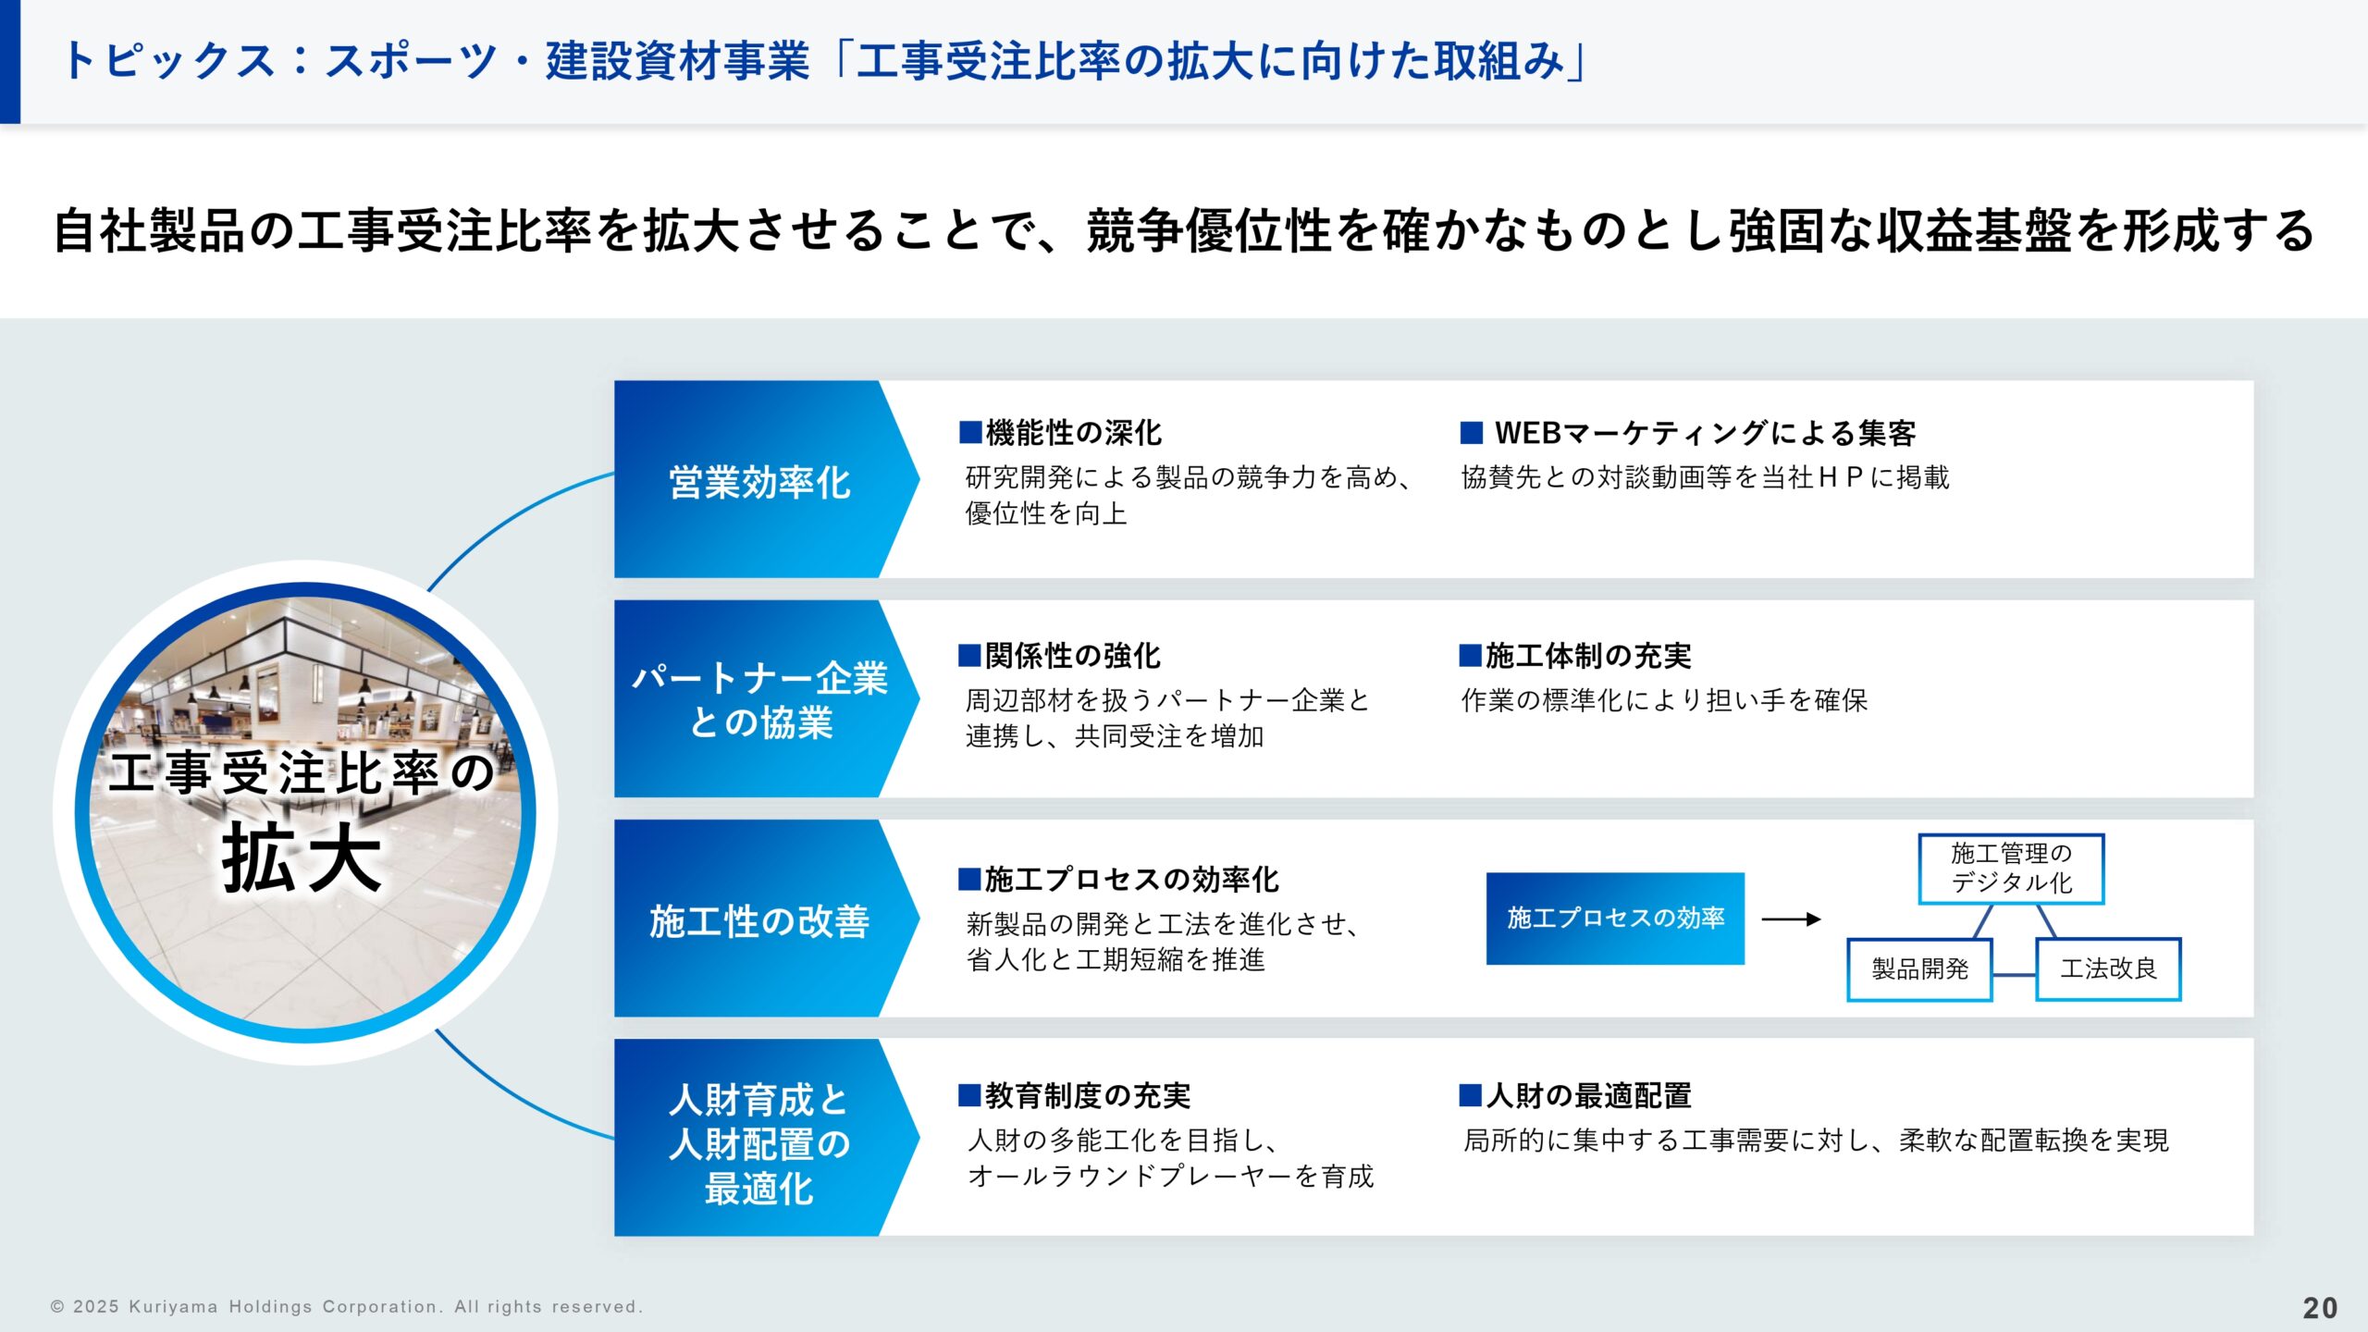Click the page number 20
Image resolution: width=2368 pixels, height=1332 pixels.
coord(2320,1307)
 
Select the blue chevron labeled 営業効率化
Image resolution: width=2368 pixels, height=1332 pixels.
coord(759,481)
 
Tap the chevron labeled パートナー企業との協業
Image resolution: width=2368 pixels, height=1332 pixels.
coord(759,699)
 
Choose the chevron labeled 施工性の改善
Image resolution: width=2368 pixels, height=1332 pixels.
coord(759,920)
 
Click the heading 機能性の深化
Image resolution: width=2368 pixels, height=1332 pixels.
coord(1061,432)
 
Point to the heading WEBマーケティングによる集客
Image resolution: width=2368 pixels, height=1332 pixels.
coord(1688,432)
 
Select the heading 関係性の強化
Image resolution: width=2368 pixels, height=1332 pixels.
coord(1060,656)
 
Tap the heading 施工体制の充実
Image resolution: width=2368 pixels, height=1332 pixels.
coord(1576,656)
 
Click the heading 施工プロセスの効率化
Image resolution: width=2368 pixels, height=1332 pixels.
coord(1119,879)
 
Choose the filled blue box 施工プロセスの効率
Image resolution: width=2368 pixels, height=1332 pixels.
coord(1615,918)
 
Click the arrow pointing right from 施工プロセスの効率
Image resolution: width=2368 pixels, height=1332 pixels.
coord(1791,919)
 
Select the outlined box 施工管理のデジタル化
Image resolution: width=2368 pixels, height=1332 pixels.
coord(2011,868)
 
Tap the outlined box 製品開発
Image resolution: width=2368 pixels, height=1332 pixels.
coord(1919,968)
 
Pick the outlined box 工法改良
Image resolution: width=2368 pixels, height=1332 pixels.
coord(2108,968)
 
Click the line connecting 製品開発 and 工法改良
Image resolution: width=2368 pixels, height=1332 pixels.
coord(2014,974)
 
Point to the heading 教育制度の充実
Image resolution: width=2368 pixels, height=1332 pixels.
coord(1075,1096)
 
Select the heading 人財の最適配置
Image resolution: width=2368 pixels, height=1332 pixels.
coord(1576,1096)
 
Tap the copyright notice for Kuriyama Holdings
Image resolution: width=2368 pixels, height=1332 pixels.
coord(346,1307)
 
